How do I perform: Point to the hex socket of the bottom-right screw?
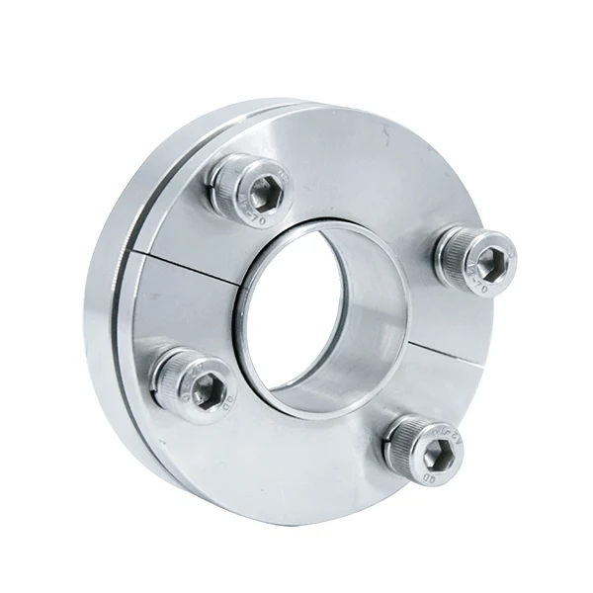[439, 455]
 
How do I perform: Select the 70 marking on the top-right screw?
[478, 288]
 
